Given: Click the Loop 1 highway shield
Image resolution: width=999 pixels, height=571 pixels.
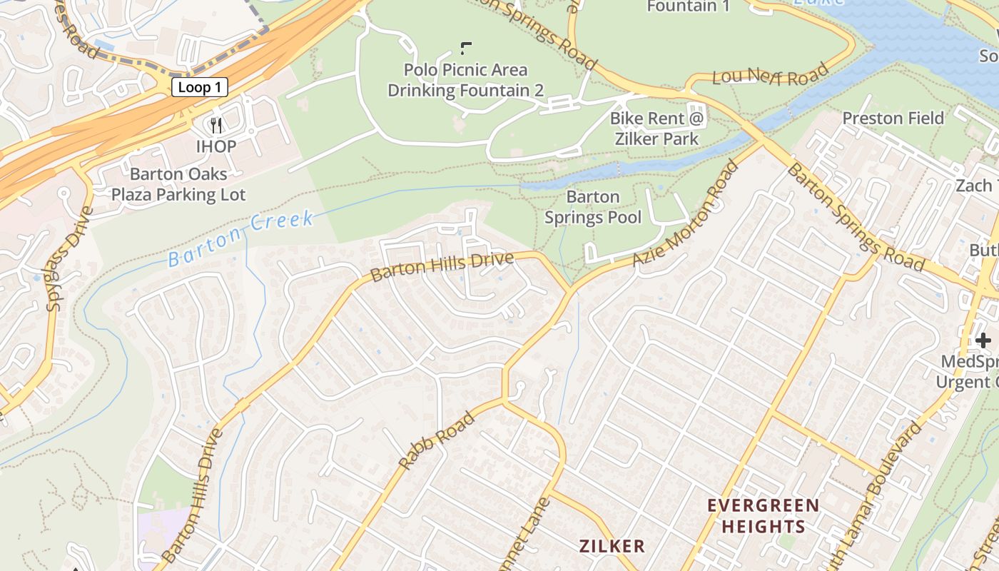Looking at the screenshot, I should coord(199,87).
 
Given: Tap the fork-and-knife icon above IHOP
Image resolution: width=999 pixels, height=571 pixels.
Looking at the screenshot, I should coord(216,126).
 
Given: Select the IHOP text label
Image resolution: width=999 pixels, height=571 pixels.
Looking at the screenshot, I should coord(216,146).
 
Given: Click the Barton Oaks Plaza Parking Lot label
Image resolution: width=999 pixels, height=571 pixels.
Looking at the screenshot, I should coord(178,184).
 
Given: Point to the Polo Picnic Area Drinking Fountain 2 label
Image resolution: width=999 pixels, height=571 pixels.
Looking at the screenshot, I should coord(465,80).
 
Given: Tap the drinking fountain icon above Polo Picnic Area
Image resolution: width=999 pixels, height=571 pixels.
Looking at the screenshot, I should coord(466,48).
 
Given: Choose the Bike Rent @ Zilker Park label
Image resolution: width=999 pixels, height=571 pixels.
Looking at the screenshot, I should coord(657,128).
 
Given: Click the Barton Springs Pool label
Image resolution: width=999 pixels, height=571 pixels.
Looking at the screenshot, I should coord(593,207).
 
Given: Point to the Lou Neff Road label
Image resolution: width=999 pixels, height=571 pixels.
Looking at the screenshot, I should coord(771,74).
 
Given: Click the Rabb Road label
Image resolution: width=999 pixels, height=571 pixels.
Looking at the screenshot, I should coord(436,440).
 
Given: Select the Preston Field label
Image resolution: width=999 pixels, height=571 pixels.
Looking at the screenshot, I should coord(893,118).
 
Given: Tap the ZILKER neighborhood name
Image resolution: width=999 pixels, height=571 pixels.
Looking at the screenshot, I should coord(612,546).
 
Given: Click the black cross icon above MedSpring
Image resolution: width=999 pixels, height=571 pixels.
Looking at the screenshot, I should coord(983,340).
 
